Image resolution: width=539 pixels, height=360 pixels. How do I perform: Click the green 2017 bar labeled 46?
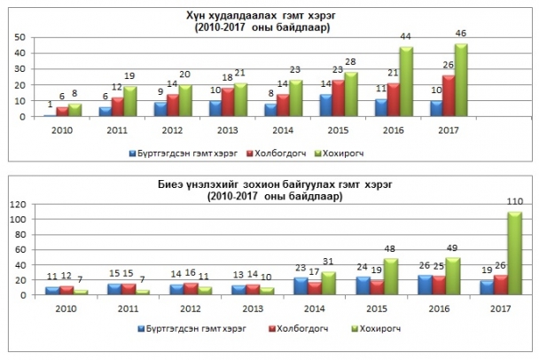click(460, 80)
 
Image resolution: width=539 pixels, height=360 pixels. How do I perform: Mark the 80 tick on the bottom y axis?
click(18, 234)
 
